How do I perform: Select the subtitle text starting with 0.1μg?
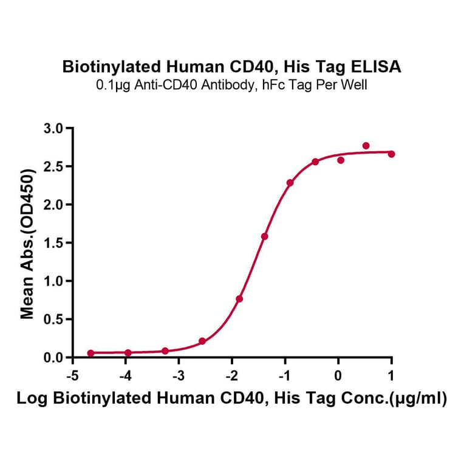(232, 85)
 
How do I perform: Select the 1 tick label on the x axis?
(391, 375)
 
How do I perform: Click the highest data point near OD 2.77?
(366, 146)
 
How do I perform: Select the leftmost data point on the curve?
(90, 353)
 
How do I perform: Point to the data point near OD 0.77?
(239, 299)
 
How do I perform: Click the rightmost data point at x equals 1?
(391, 154)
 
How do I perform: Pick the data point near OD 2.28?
(290, 183)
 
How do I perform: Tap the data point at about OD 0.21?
(202, 341)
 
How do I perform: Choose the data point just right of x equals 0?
(341, 160)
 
